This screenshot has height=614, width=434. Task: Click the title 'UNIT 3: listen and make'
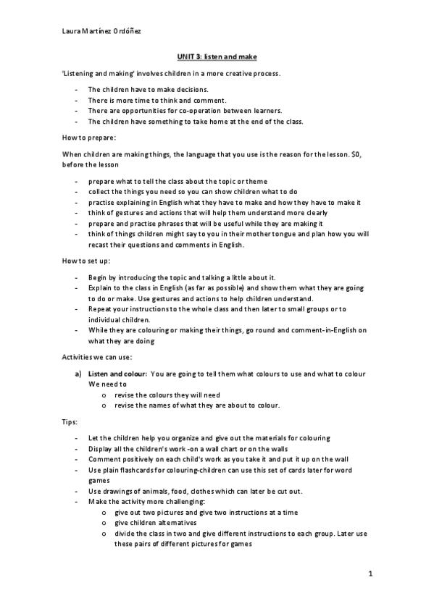point(217,56)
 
